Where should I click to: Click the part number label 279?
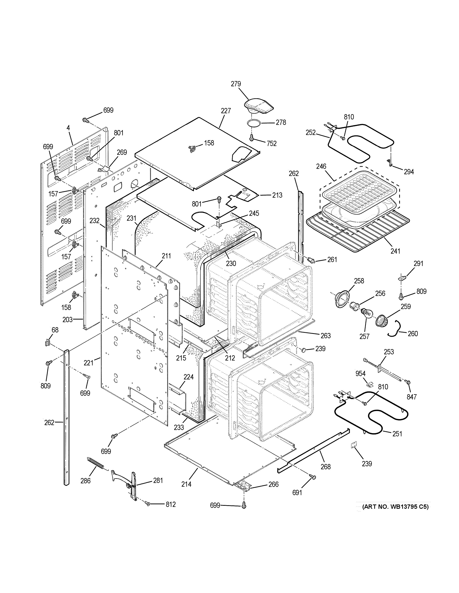point(236,84)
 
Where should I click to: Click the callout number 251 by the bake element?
point(397,434)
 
